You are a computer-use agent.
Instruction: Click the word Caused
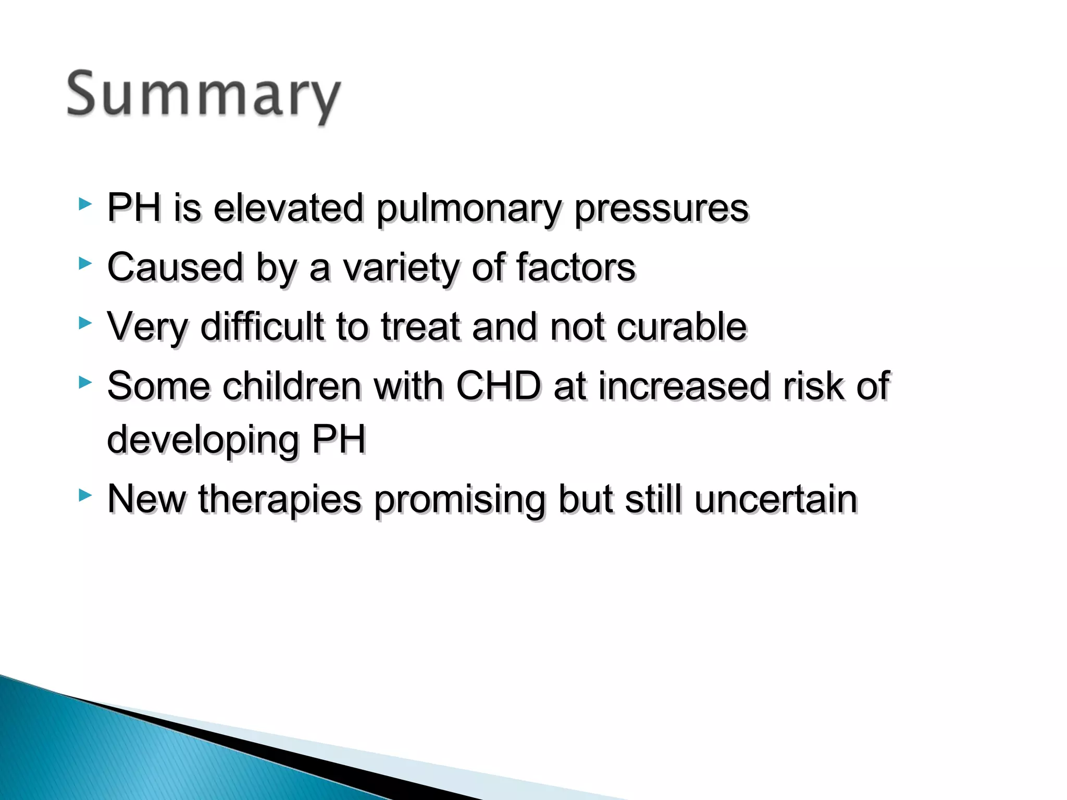[175, 268]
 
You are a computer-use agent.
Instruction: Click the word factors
[575, 268]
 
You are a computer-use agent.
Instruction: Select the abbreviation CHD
[498, 386]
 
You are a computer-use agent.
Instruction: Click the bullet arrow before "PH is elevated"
[85, 204]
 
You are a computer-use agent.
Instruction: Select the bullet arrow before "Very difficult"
[85, 323]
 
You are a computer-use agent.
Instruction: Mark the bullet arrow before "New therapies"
[85, 495]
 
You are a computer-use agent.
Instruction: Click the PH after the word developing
[339, 440]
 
